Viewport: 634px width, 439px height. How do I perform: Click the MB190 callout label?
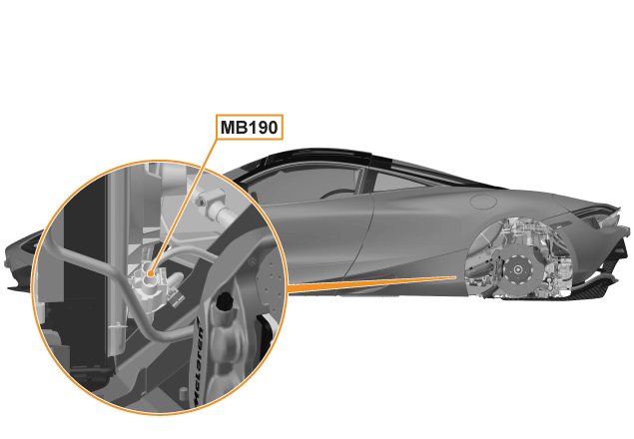tap(249, 128)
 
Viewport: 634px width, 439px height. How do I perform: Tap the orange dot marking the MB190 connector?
tap(151, 273)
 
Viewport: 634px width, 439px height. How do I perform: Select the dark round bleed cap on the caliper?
tap(224, 302)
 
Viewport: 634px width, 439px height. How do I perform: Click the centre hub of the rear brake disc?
tap(517, 268)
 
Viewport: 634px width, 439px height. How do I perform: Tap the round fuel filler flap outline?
tap(484, 202)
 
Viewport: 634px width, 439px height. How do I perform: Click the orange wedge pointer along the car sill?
tap(371, 283)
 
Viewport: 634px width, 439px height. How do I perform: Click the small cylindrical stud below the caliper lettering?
tap(184, 393)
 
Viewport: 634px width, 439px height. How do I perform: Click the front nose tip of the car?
tap(9, 258)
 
